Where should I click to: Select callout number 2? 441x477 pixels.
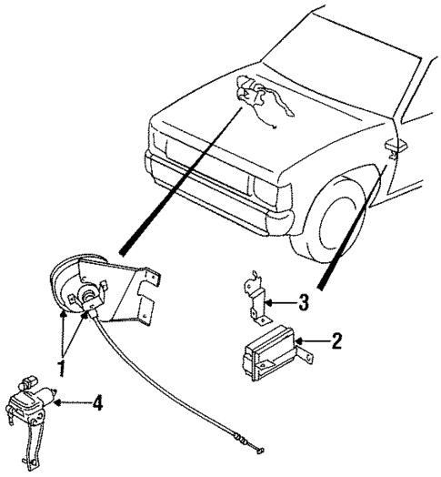coord(336,342)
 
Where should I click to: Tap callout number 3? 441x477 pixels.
coord(305,301)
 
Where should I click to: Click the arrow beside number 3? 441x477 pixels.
coord(282,301)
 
